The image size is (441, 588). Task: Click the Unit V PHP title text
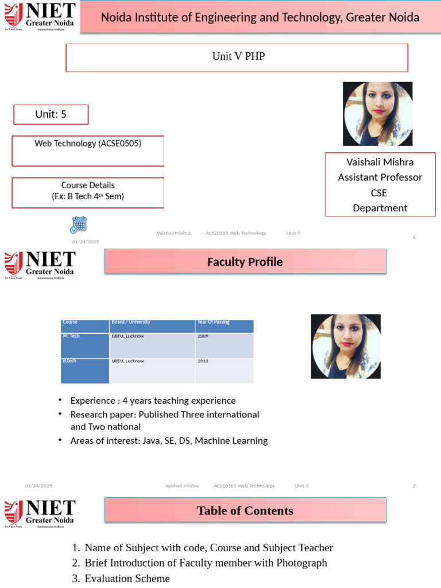(x=238, y=56)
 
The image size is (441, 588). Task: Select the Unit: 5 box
(x=51, y=114)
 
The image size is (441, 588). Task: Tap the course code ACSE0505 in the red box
(x=119, y=144)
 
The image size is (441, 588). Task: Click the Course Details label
(x=88, y=185)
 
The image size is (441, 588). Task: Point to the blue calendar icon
(x=78, y=225)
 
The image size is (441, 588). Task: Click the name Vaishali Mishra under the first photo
(x=380, y=162)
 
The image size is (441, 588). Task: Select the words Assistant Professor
(x=380, y=177)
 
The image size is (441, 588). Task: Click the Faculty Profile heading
(x=245, y=262)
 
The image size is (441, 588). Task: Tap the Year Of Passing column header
(x=214, y=322)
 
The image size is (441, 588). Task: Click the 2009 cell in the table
(x=203, y=336)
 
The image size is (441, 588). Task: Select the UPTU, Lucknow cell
(x=127, y=361)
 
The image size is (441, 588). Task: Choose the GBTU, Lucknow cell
(x=127, y=336)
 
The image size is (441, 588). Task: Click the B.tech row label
(x=69, y=361)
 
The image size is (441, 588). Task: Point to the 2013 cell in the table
(x=203, y=361)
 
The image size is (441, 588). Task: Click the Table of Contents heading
(x=245, y=510)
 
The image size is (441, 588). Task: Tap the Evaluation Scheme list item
(x=127, y=578)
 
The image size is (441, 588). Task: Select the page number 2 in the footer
(x=413, y=486)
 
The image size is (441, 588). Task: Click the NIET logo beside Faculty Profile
(x=40, y=265)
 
